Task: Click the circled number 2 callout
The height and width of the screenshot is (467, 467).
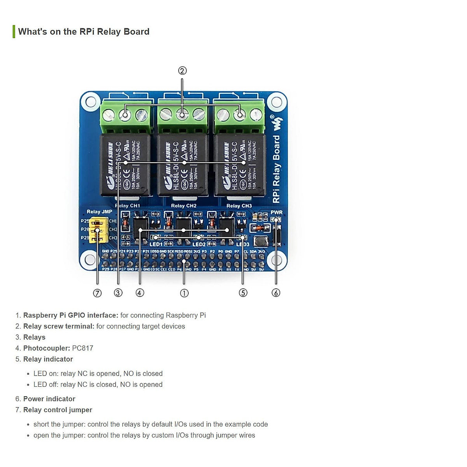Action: click(183, 71)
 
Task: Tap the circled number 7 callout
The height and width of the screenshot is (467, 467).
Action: click(97, 293)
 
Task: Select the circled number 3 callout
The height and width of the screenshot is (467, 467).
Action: click(118, 293)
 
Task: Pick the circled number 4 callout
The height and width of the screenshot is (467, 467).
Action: click(140, 293)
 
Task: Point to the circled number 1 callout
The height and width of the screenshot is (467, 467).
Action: click(184, 293)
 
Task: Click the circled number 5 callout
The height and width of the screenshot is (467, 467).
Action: click(243, 293)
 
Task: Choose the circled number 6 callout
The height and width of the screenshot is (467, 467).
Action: click(276, 293)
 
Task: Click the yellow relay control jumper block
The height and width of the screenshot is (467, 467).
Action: click(98, 230)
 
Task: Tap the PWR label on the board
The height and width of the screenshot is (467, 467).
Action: click(276, 212)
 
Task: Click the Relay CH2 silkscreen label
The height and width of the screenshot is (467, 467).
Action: click(184, 206)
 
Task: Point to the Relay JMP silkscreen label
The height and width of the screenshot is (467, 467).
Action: click(99, 212)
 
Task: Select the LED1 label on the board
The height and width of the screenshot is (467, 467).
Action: click(156, 244)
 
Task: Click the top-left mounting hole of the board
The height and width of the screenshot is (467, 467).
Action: click(90, 102)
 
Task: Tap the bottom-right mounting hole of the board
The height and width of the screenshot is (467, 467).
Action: click(277, 260)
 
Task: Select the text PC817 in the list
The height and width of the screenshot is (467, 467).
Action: click(83, 348)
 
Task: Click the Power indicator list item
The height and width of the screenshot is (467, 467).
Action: click(49, 399)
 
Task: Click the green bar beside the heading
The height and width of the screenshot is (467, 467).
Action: click(14, 32)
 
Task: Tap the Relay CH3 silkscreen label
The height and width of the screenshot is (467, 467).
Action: click(239, 206)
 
